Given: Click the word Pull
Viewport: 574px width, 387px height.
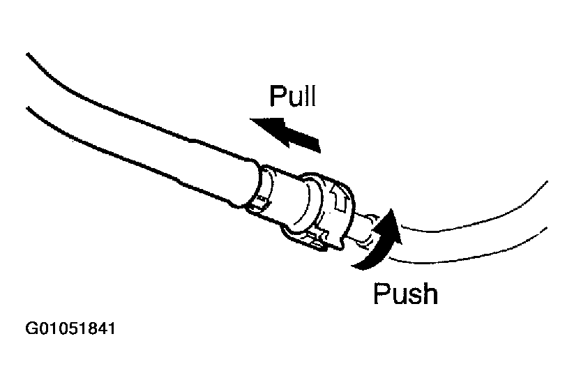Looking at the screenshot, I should point(292,96).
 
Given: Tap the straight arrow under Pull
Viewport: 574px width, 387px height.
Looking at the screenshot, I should point(286,133).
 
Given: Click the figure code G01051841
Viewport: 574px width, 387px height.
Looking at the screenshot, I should point(70,328).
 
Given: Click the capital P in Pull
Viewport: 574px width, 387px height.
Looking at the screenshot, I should point(278,96).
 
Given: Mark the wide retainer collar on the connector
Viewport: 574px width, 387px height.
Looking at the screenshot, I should point(328,209).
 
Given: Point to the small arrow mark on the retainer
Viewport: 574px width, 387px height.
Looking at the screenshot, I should point(342,201).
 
